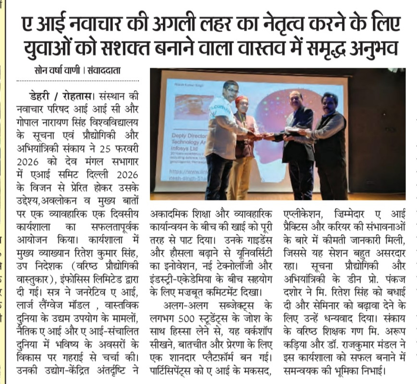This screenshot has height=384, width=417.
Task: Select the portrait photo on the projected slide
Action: [194, 106]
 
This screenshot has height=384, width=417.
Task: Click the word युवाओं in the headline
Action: [51, 49]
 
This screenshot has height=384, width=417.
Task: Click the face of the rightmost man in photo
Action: [329, 103]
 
